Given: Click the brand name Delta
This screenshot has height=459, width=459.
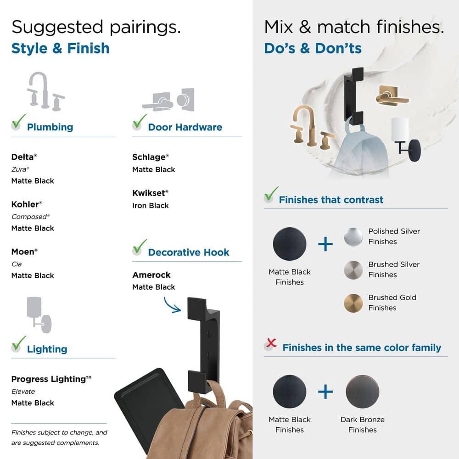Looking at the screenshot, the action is tap(22, 157).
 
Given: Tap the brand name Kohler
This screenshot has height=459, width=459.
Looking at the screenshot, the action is tap(25, 204).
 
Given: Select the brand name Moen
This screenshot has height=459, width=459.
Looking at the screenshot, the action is tap(23, 252).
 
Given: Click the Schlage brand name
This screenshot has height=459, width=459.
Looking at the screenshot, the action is tap(149, 157).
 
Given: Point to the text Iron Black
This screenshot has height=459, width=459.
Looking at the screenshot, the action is tap(151, 206).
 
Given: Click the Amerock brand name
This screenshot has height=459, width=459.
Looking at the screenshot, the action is tap(151, 275).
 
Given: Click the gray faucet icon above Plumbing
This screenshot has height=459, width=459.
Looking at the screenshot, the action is tap(45, 91).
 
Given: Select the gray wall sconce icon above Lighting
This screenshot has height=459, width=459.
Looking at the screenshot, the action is tap(39, 315).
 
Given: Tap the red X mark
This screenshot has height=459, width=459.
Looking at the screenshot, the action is tap(271, 342).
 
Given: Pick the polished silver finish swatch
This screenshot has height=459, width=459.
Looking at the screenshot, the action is tap(353, 236).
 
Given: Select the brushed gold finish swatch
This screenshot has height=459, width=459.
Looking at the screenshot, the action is tap(353, 303).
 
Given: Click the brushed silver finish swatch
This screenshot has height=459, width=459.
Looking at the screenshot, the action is tap(353, 270).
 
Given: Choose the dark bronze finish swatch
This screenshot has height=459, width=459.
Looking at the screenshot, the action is tap(363, 392).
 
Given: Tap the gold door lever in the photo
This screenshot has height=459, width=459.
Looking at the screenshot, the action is tap(392, 96).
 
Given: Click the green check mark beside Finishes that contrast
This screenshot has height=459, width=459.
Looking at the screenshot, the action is tap(271, 194).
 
